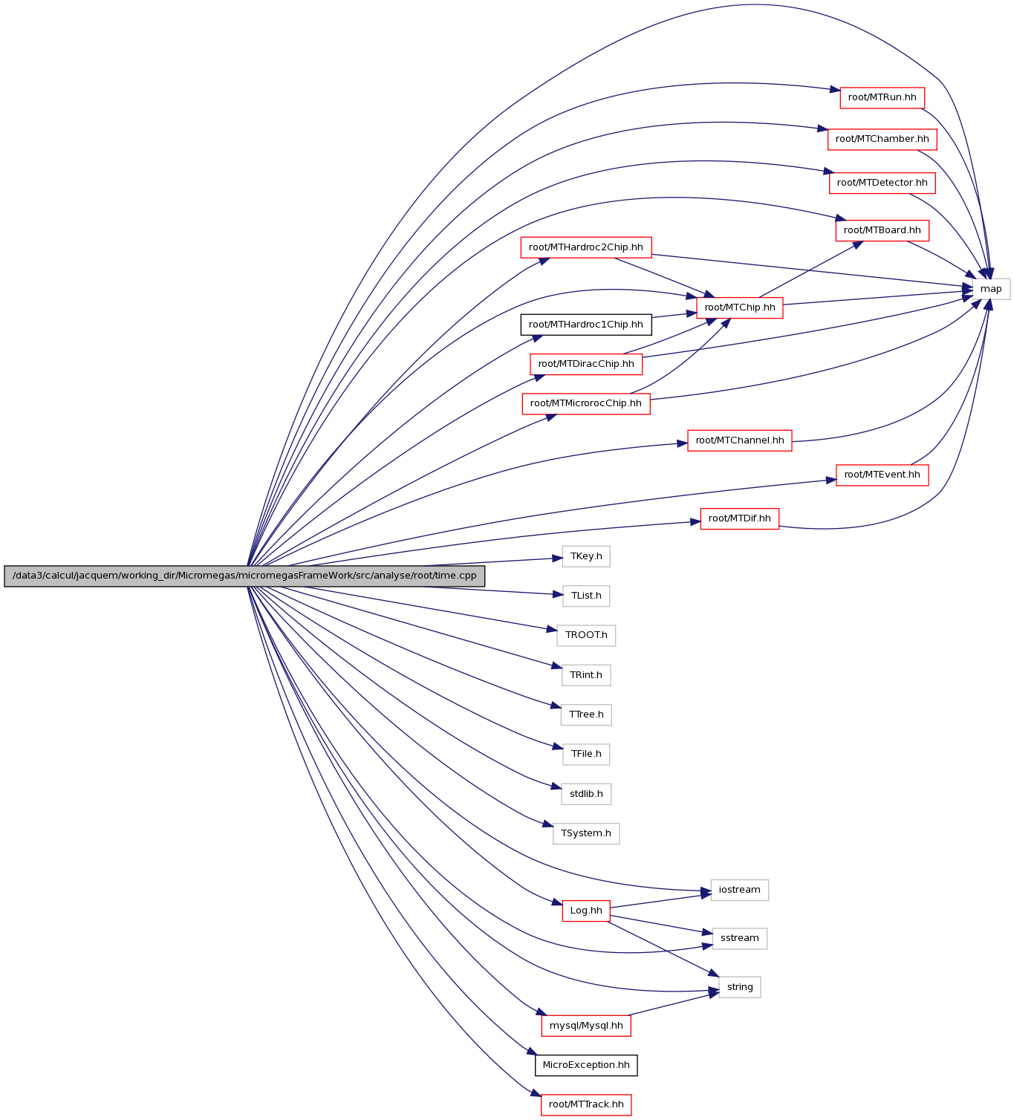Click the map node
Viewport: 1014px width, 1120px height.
[991, 289]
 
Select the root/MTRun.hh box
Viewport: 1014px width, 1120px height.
[883, 97]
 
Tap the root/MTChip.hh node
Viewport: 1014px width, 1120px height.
[740, 307]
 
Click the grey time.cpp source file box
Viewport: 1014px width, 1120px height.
[244, 576]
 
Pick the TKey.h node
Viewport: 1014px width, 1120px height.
[586, 556]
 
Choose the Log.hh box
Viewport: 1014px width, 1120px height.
[586, 911]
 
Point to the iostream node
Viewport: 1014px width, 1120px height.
[740, 890]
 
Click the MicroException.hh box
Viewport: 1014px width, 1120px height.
[586, 1065]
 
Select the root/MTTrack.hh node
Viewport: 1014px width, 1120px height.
[586, 1104]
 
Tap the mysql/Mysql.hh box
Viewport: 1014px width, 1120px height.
[586, 1025]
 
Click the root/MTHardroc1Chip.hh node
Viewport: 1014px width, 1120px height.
[586, 325]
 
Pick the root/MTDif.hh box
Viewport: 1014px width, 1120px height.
[740, 518]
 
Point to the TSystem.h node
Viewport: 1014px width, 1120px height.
[586, 833]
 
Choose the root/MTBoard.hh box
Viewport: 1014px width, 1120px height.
[883, 230]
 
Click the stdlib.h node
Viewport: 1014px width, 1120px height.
[586, 793]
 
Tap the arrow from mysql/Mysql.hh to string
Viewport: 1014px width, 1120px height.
[673, 1004]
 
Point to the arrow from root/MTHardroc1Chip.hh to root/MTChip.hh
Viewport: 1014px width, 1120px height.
[675, 315]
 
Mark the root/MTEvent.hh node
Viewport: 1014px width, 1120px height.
[883, 475]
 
